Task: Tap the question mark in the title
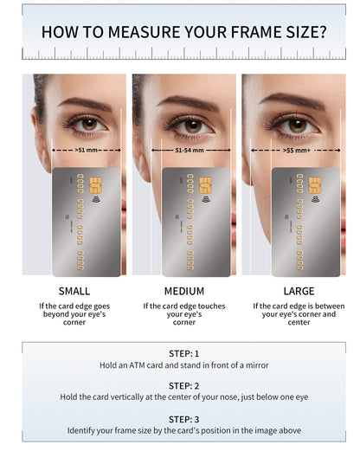coord(323,32)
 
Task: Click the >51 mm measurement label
coord(86,150)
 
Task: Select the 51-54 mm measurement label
coord(190,150)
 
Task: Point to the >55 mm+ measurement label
coord(297,150)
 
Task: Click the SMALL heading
coord(74,291)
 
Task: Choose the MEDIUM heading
coord(184,291)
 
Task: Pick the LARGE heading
coord(299,291)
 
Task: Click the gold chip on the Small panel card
coord(95,185)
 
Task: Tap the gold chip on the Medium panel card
coord(205,185)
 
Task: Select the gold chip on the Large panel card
coord(315,185)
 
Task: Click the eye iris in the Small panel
coord(90,125)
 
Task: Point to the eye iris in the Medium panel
coord(193,126)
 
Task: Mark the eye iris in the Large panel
coord(298,126)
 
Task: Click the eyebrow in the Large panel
coord(292,100)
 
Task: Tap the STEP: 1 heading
coord(183,354)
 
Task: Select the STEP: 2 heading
coord(183,386)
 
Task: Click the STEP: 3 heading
coord(183,419)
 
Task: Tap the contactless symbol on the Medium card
coord(205,199)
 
